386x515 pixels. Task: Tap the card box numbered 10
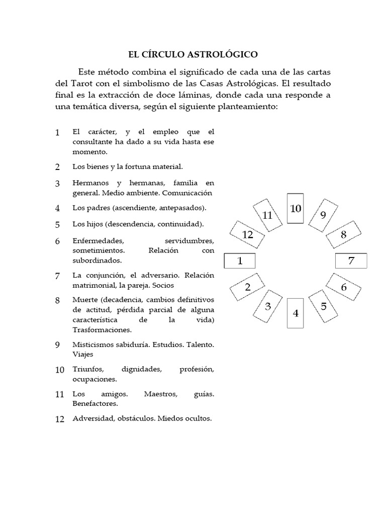click(x=295, y=208)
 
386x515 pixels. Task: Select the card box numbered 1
click(x=240, y=261)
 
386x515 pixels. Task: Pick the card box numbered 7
click(x=351, y=261)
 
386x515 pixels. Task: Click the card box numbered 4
click(x=295, y=313)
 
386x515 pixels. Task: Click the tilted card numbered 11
click(x=267, y=215)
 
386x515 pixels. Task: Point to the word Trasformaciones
click(x=102, y=330)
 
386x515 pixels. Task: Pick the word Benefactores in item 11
click(x=95, y=403)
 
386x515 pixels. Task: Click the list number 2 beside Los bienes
click(x=58, y=167)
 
